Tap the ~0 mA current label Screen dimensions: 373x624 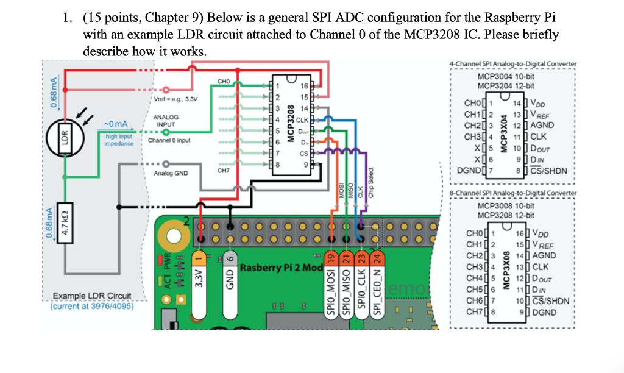coord(115,124)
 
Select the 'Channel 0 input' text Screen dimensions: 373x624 coord(169,140)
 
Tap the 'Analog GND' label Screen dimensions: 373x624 coord(169,173)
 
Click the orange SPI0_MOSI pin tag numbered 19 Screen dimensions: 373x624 coord(330,284)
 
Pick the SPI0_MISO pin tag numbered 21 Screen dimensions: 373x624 coord(346,284)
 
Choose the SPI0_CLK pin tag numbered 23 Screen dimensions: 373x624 coord(361,284)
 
